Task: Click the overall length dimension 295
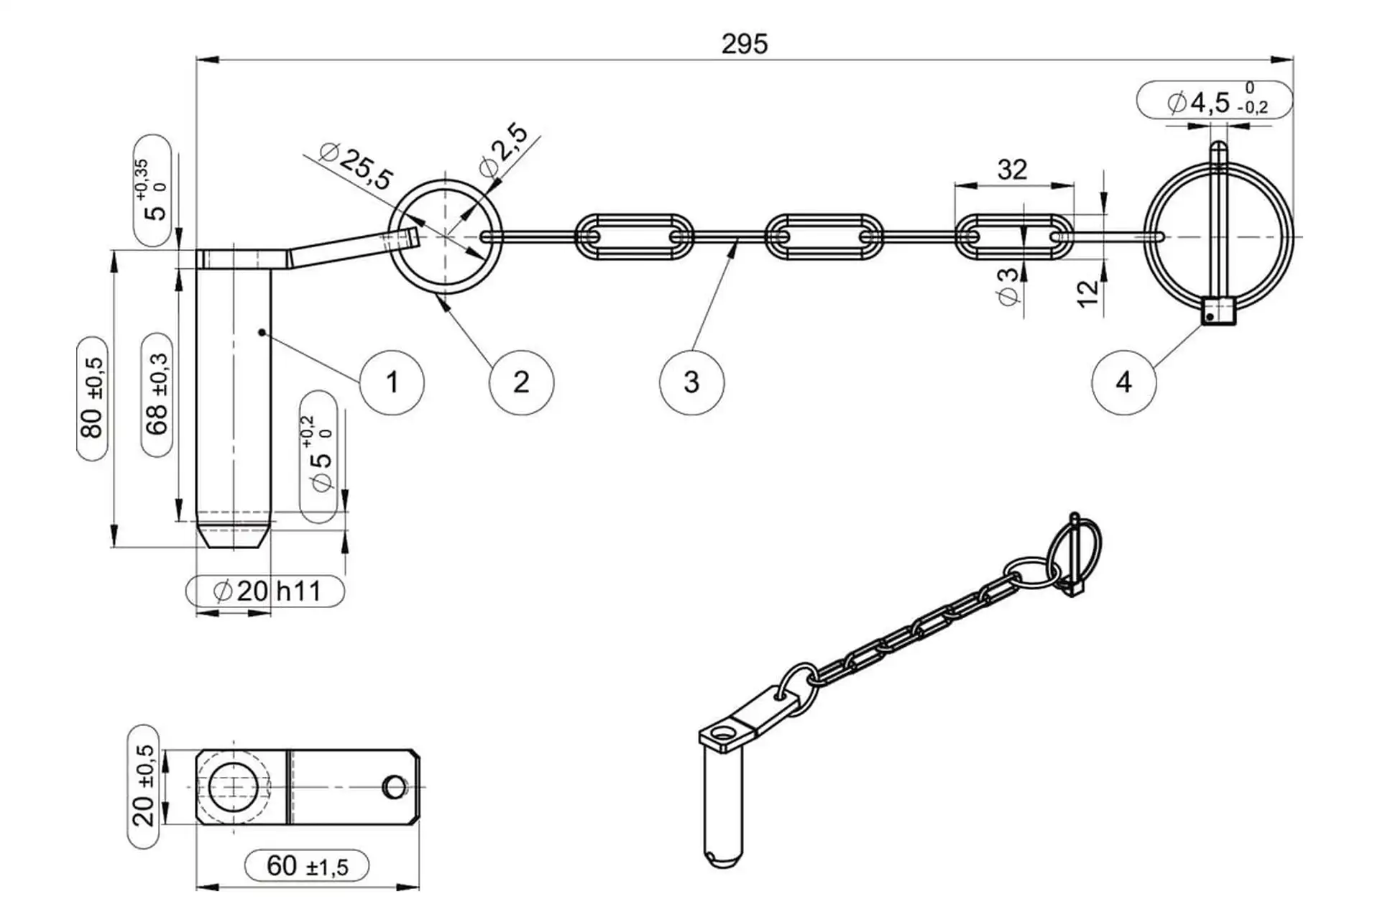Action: click(745, 45)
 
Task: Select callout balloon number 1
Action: click(392, 382)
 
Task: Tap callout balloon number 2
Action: click(521, 382)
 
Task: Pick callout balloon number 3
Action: click(691, 382)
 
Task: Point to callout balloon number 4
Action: click(1123, 382)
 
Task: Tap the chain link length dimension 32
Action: click(1012, 170)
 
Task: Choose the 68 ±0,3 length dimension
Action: click(157, 394)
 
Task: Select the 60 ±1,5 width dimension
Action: click(307, 866)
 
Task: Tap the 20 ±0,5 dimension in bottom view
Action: click(144, 786)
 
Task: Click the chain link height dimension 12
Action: click(1088, 294)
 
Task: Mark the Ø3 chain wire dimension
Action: click(1008, 285)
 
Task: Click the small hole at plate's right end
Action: click(395, 786)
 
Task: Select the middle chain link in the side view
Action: click(824, 236)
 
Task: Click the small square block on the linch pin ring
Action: click(1218, 311)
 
